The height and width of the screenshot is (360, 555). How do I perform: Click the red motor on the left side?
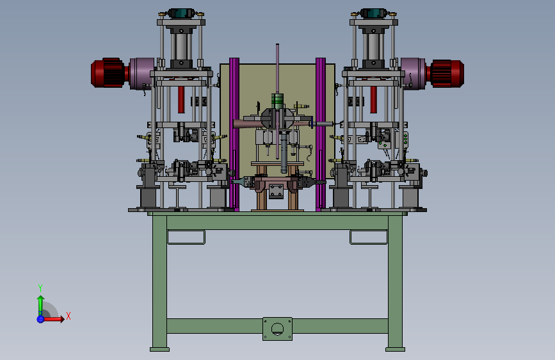[x=108, y=72]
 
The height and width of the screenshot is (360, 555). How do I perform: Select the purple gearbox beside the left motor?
[x=141, y=74]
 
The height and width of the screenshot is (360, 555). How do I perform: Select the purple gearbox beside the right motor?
[x=413, y=74]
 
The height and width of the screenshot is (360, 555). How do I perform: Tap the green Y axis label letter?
[x=40, y=288]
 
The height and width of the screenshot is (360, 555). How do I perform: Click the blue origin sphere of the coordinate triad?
[x=40, y=319]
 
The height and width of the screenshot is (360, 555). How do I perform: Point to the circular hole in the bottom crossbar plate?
[x=278, y=329]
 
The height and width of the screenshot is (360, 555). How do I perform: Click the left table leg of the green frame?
[x=159, y=284]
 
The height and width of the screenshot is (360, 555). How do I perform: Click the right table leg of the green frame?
[x=395, y=284]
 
